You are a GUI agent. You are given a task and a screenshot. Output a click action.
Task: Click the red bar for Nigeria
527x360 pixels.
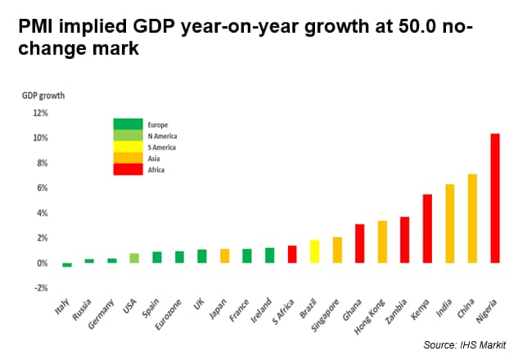494,198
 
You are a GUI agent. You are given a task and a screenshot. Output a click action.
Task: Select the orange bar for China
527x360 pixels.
472,218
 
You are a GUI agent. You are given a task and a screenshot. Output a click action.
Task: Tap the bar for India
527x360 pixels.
449,223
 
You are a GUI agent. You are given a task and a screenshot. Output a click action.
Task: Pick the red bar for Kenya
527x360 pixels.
427,228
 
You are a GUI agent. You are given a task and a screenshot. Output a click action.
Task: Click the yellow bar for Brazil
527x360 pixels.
314,251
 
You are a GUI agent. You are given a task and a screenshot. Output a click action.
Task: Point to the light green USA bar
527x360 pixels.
134,258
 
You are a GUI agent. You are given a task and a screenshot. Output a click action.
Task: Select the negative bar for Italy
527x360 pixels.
67,265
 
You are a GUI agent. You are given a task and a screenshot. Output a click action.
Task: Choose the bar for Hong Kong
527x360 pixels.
382,241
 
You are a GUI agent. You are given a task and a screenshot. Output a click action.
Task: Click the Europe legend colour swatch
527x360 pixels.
128,124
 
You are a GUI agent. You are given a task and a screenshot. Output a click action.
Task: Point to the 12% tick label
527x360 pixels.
39,113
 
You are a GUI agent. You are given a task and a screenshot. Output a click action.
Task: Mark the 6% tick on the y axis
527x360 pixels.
41,188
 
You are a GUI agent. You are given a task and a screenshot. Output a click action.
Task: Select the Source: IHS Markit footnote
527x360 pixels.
463,345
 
